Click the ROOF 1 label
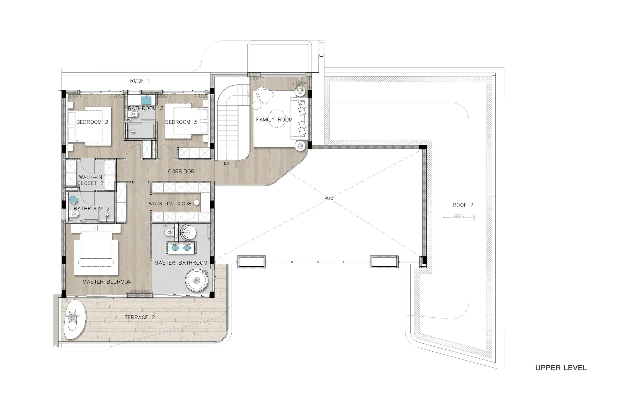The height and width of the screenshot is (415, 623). coord(140,81)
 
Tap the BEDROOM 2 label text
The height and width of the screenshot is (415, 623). coord(92,122)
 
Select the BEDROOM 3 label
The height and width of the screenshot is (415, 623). coord(181,122)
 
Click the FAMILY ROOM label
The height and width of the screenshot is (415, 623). coord(274,120)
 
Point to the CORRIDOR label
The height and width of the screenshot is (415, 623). coord(181,172)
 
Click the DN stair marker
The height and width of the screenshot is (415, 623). coord(226,164)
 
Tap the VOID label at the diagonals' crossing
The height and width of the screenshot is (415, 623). coord(329,198)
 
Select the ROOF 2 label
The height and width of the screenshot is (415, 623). coord(463,205)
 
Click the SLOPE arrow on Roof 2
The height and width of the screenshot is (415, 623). coord(459,217)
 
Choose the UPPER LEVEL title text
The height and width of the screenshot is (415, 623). coord(561,368)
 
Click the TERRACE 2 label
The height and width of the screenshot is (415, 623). coord(140,317)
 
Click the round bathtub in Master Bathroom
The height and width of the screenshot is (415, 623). coord(197,280)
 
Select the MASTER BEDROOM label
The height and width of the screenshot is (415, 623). coord(107,282)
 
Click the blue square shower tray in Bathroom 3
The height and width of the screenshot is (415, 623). coord(146,101)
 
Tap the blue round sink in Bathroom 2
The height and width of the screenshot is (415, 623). coord(74,200)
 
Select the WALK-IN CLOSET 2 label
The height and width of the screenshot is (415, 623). coord(90,180)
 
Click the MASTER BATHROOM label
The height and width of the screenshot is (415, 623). coord(181,263)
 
